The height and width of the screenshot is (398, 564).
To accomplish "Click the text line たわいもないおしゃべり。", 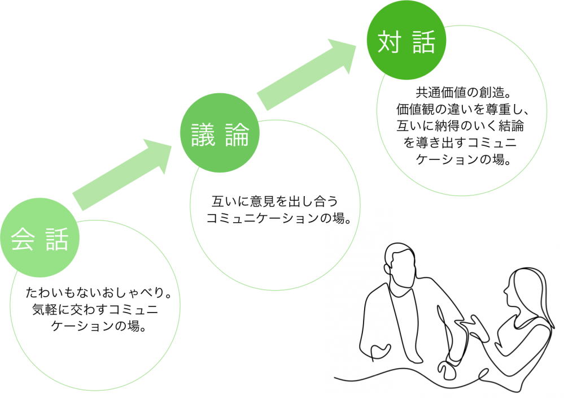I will click(98, 294).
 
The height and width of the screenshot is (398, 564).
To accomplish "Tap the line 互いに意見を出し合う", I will click(273, 201).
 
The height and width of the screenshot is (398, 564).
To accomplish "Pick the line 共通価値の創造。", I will click(462, 92).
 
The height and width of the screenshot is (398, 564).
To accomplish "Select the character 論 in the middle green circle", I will click(236, 135).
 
